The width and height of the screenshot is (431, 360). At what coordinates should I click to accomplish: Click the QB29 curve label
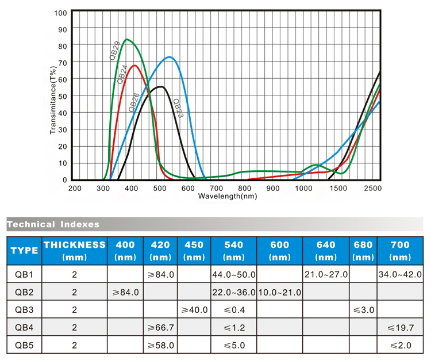coord(115,51)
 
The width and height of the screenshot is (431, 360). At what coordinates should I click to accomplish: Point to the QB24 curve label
coord(122,74)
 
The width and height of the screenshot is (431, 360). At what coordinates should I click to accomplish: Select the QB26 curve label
coord(134,102)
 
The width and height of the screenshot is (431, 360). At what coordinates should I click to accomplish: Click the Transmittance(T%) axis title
coord(53,100)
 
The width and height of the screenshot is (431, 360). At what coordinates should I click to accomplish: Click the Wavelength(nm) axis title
coord(227,196)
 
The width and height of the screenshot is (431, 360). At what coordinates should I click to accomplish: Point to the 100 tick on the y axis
coord(60,13)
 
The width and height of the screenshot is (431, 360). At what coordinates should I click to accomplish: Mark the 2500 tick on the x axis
coord(373,188)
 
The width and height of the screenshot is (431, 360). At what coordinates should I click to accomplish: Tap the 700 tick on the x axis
coord(216,188)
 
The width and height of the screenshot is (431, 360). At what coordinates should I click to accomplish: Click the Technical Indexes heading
coord(53,224)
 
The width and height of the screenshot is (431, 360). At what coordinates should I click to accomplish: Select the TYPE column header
coord(25,250)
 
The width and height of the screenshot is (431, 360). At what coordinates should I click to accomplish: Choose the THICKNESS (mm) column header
coord(75,250)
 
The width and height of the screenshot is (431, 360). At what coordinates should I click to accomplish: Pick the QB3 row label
coord(25,310)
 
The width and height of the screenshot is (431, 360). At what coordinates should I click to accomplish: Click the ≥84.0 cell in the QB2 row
coord(125,292)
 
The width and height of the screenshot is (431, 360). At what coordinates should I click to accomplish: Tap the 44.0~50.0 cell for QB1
coord(234,274)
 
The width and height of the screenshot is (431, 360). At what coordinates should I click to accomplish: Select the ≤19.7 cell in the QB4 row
coord(402,328)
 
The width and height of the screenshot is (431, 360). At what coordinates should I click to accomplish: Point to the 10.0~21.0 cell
coord(280,292)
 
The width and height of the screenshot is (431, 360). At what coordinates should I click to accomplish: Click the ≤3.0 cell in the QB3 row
coord(363,310)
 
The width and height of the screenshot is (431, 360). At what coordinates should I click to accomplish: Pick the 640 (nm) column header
coord(325,250)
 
